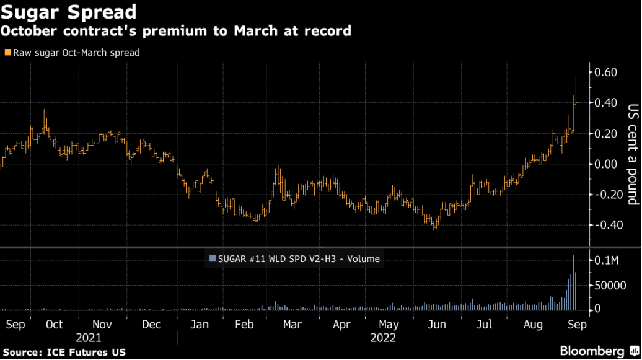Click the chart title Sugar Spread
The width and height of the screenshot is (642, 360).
[69, 12]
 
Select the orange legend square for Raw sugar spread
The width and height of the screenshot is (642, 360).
[7, 53]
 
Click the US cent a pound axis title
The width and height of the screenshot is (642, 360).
[632, 154]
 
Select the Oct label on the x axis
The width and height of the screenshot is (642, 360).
[54, 325]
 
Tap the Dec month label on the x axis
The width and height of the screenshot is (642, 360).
[151, 325]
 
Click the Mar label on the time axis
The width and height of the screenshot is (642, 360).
[292, 325]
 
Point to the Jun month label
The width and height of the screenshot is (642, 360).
[437, 325]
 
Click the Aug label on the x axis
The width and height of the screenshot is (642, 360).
[533, 325]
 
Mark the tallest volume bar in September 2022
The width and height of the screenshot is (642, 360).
[573, 282]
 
